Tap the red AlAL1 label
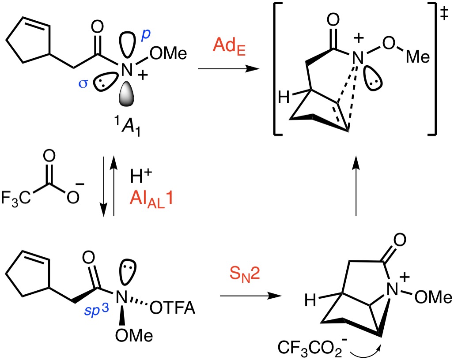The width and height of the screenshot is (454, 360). pos(152,199)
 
